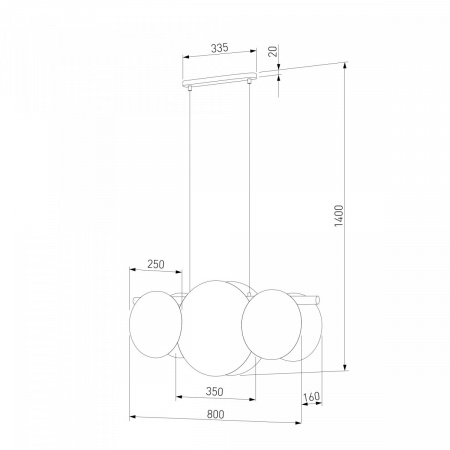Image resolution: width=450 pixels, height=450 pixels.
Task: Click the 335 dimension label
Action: [x=220, y=48]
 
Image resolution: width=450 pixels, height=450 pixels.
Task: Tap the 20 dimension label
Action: [x=273, y=51]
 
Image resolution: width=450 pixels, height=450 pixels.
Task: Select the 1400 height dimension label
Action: [x=339, y=216]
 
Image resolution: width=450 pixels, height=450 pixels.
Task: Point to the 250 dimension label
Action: [x=156, y=264]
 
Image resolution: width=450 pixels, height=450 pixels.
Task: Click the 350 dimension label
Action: [x=214, y=392]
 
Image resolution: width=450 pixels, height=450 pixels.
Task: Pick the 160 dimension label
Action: [x=312, y=397]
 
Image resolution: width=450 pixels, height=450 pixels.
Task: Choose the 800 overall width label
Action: [x=215, y=414]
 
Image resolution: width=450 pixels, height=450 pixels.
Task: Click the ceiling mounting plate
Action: [x=220, y=78]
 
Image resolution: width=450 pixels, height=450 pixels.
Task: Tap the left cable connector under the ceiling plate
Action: [x=189, y=88]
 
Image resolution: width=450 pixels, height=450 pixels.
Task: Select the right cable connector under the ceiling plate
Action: [x=249, y=81]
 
